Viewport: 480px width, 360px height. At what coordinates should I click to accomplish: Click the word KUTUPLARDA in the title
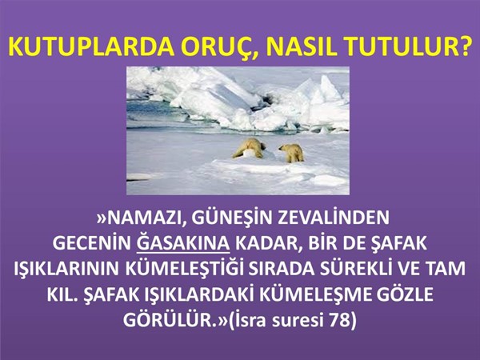(91, 47)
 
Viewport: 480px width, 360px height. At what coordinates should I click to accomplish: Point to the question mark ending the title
(463, 47)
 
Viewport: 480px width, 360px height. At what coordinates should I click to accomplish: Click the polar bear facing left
(292, 153)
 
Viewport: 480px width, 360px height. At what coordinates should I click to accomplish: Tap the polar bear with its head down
(249, 148)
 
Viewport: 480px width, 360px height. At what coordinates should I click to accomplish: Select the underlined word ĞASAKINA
(183, 242)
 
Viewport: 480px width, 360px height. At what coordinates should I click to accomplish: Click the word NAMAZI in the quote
(142, 218)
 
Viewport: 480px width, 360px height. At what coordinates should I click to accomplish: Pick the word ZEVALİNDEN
(334, 217)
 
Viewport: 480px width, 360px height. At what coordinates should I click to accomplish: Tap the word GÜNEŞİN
(232, 218)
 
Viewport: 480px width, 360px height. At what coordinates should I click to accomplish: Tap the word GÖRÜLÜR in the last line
(168, 319)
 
